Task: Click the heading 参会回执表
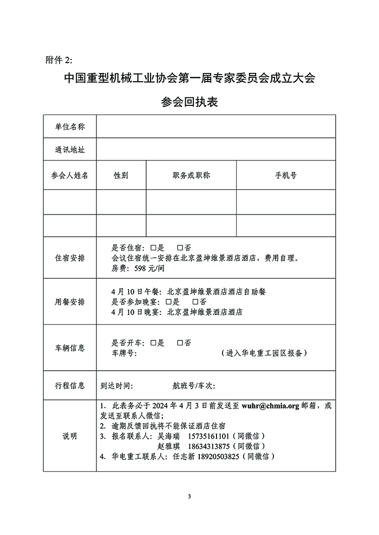coord(190,102)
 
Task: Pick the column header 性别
coord(121,176)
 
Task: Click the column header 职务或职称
coord(191,176)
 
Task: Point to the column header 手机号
coord(285,176)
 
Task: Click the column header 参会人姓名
coord(70,176)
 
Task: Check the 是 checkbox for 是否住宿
coord(154,248)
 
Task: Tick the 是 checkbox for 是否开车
coord(154,343)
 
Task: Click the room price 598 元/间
coord(142,268)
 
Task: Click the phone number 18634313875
coord(207,446)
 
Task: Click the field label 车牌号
coord(123,353)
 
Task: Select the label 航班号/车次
coord(193,386)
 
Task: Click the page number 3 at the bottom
coord(190,496)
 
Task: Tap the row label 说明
coord(70,436)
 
